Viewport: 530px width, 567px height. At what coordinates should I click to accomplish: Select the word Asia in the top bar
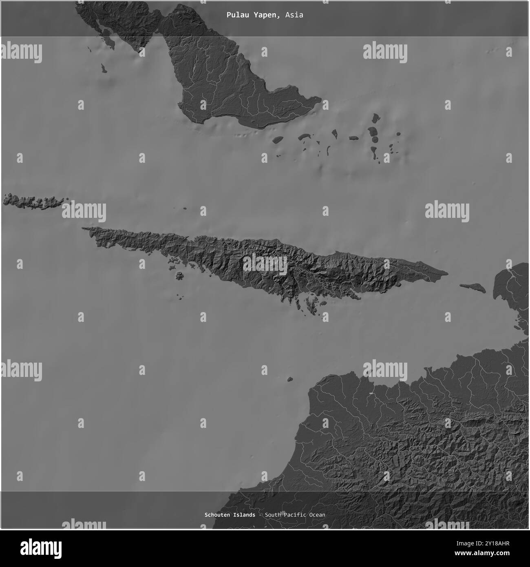[294, 15]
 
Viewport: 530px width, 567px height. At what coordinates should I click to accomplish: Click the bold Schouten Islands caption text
[230, 515]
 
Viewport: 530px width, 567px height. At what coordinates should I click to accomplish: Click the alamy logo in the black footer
[41, 547]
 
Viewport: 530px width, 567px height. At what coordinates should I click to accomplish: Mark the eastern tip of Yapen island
[447, 273]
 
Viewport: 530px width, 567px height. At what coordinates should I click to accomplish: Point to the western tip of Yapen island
[83, 228]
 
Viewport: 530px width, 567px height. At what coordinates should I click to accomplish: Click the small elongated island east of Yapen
[473, 288]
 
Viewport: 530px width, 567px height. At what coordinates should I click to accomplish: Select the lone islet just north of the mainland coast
[290, 379]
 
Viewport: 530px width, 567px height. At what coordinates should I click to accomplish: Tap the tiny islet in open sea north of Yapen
[185, 209]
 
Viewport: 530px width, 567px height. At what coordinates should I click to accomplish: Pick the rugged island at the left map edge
[33, 202]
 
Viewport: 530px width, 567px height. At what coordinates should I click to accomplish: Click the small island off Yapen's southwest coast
[179, 276]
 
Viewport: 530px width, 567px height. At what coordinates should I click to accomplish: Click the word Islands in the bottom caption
[244, 515]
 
